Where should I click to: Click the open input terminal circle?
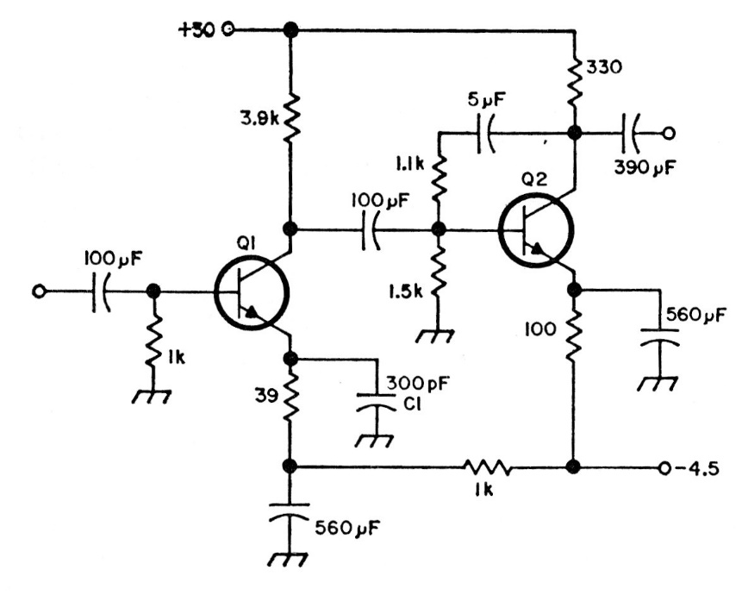click(x=38, y=291)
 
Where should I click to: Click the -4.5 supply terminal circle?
click(x=662, y=468)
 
